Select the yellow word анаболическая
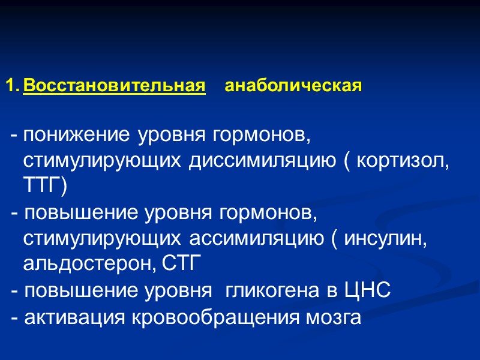(x=293, y=86)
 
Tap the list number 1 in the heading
(x=10, y=86)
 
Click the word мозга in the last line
(x=333, y=318)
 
